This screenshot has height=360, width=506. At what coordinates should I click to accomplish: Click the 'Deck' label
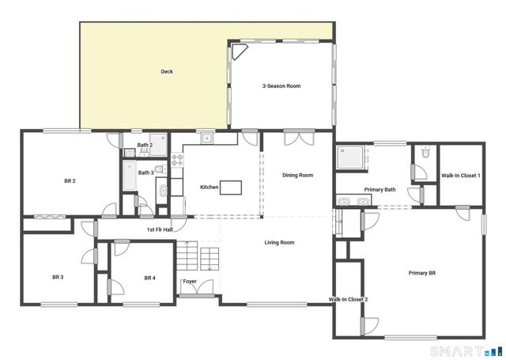coord(167,72)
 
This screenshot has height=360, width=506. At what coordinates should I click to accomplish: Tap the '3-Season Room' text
coord(281,85)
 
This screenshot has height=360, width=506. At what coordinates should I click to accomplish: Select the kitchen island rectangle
coord(231,188)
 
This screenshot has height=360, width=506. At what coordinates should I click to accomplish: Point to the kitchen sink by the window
coord(207,138)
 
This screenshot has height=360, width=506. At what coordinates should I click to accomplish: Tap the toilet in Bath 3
coord(160,169)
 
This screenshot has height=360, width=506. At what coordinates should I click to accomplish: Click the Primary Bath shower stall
coord(350,159)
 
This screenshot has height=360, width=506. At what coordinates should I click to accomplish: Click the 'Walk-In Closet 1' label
coord(460,175)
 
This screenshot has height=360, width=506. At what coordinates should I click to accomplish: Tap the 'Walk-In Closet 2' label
coord(348,300)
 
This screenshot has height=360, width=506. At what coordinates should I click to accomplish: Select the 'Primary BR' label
coord(422,273)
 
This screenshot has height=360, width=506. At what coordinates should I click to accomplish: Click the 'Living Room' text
coord(279,242)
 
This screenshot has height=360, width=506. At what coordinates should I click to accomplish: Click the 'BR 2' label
coord(70,181)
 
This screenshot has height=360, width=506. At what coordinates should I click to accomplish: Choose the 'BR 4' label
coord(150,278)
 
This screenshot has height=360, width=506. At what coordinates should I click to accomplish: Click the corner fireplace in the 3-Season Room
coord(237,52)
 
